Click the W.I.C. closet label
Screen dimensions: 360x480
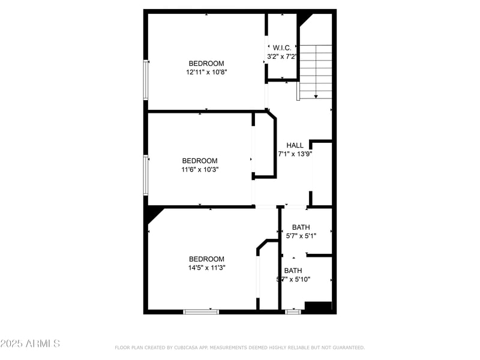click(282, 47)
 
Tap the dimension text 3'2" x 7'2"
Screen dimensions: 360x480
click(282, 56)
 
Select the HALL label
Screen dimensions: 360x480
click(295, 145)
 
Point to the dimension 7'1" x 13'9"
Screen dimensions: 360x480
click(295, 154)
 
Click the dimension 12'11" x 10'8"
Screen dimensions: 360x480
click(206, 72)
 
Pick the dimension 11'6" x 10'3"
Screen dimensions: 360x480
click(200, 169)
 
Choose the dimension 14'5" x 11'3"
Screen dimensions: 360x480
click(206, 268)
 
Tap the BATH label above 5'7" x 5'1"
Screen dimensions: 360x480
click(301, 227)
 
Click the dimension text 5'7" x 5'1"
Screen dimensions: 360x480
click(301, 236)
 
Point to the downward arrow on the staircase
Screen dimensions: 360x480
click(316, 95)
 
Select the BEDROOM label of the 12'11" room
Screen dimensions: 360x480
click(206, 64)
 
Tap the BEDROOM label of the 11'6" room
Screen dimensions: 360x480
click(200, 161)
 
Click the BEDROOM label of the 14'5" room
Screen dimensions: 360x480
click(206, 259)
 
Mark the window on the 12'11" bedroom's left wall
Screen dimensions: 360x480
click(145, 79)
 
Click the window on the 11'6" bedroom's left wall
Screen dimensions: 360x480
click(145, 175)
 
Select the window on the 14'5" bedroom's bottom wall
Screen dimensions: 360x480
click(201, 311)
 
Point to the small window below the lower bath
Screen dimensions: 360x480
click(293, 311)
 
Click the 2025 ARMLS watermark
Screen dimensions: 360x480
click(30, 344)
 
